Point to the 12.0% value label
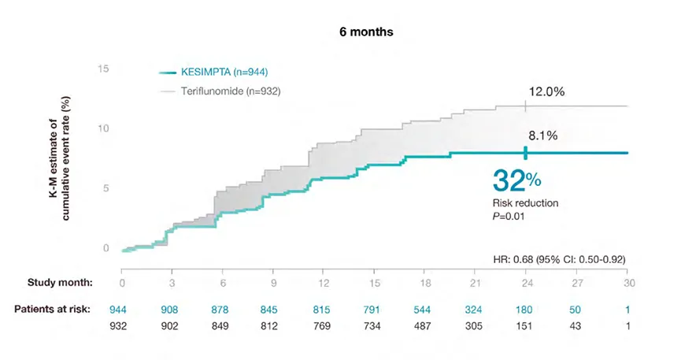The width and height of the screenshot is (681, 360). tap(546, 91)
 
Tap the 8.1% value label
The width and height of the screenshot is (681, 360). tap(542, 135)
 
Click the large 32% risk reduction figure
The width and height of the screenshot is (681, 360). tap(516, 180)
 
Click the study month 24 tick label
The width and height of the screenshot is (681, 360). tap(526, 282)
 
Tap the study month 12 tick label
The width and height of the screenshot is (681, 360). tap(324, 282)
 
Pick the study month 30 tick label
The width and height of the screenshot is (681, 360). tap(627, 282)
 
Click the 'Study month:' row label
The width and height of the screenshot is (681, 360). tap(61, 282)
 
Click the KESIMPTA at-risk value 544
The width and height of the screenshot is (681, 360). tap(425, 309)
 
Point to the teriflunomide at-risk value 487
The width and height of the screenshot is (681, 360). tap(425, 326)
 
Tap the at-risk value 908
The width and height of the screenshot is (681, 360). tap(172, 309)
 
